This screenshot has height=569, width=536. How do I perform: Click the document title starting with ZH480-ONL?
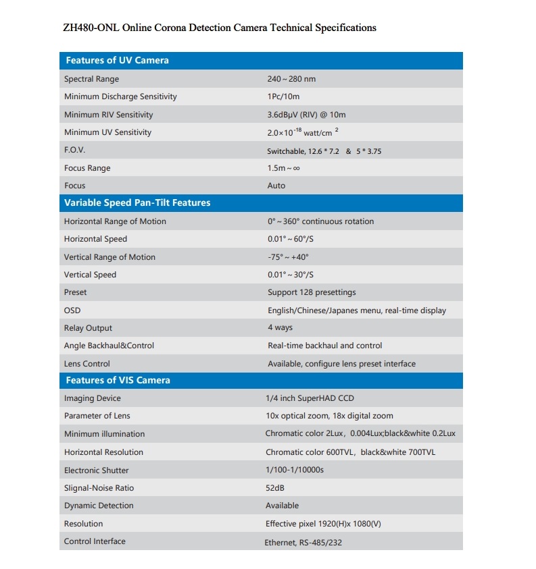[219, 28]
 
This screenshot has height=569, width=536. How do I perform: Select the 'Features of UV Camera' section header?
[117, 60]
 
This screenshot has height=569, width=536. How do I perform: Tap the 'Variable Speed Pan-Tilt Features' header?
[137, 202]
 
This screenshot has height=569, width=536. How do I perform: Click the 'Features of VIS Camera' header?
[118, 380]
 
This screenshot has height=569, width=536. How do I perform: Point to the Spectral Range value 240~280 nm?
[291, 79]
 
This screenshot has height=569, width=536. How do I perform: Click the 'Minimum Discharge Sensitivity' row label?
[120, 97]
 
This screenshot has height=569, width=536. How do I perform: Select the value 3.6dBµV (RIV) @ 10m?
[306, 115]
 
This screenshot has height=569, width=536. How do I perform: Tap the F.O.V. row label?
[74, 151]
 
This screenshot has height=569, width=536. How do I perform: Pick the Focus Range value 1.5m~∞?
[283, 168]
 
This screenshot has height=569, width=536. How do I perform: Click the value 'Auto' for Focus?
[276, 186]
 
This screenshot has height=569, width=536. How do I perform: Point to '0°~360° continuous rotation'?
[320, 221]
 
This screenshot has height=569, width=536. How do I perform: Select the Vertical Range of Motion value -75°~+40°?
[288, 257]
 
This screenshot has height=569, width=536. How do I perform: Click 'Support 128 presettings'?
[312, 292]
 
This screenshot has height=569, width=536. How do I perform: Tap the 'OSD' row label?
[72, 310]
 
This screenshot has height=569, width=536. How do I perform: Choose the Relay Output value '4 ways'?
[280, 327]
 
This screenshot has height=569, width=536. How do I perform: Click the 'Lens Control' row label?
[87, 364]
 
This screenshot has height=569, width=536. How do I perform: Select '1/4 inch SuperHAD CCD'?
[310, 398]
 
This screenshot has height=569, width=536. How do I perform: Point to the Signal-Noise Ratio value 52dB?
[275, 487]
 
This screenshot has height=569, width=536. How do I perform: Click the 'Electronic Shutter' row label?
[96, 470]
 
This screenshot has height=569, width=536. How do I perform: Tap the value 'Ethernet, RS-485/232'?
[303, 542]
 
